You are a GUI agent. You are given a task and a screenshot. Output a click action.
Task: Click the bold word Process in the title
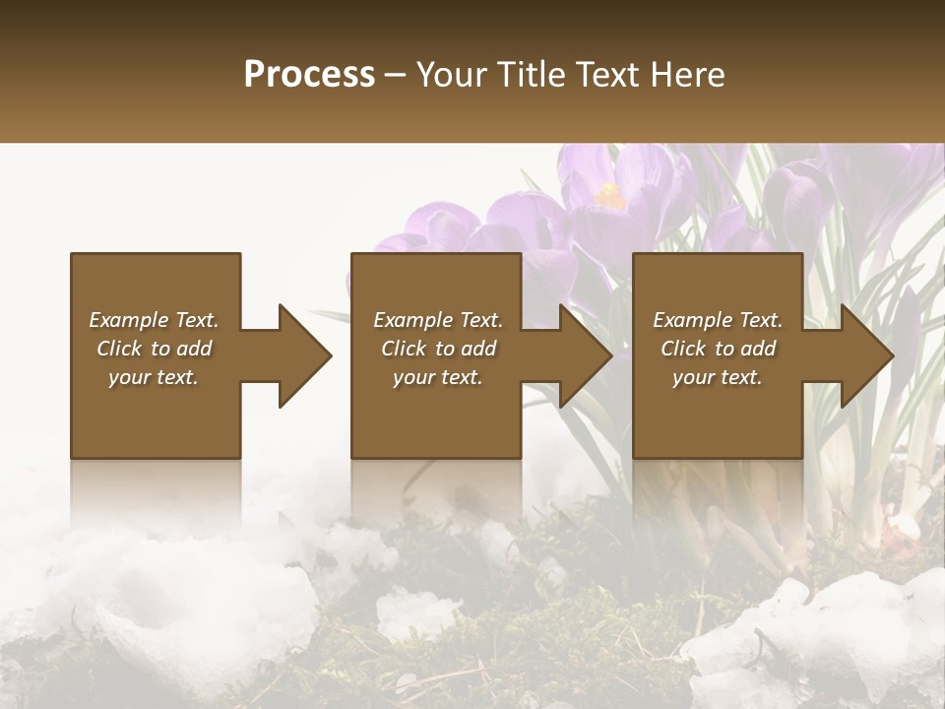click(309, 75)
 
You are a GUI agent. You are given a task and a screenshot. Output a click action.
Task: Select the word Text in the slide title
click(607, 75)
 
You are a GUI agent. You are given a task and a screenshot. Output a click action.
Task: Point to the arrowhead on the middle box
click(585, 355)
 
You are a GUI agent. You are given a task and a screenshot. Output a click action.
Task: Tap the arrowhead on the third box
click(866, 355)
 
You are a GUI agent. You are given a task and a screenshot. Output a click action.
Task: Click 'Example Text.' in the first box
click(154, 320)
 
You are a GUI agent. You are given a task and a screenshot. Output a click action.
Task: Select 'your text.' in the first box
click(154, 377)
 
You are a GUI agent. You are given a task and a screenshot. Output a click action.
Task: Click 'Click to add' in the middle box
click(438, 349)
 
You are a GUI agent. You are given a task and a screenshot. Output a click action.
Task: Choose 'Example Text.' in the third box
click(718, 320)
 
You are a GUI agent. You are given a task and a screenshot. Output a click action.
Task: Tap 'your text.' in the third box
click(718, 377)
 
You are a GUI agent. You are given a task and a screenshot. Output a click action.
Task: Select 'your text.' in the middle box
click(438, 377)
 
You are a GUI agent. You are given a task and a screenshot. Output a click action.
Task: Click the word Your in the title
click(451, 75)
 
